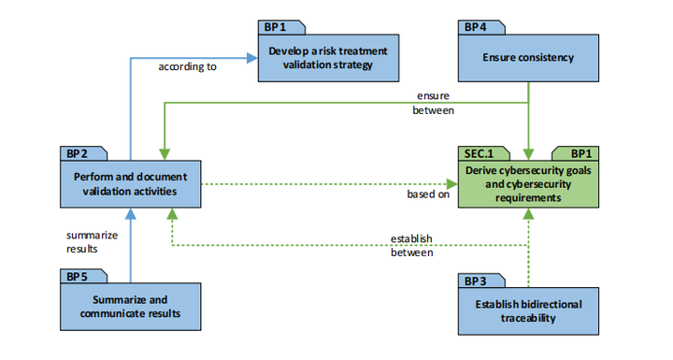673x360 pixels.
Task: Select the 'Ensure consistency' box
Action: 529,57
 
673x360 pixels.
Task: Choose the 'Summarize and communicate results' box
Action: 130,307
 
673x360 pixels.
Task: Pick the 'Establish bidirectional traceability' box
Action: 529,310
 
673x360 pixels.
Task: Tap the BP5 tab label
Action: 78,277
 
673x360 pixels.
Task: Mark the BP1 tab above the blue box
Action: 275,27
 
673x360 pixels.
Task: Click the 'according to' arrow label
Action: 187,66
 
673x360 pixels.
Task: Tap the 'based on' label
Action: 428,195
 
